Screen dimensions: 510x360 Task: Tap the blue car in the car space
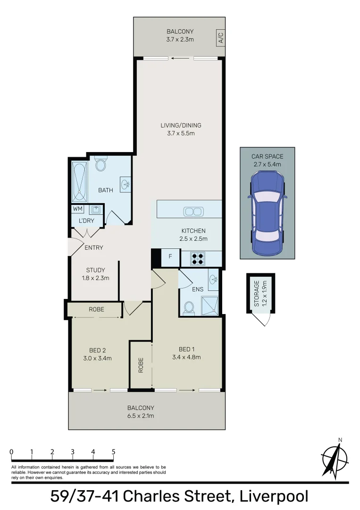point(267,212)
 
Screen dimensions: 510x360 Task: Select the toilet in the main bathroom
point(100,163)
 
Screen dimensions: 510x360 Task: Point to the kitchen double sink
point(193,212)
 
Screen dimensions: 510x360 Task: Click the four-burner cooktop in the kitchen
point(197,258)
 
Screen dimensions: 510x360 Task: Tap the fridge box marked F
point(170,257)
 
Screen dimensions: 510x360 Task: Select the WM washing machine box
point(77,209)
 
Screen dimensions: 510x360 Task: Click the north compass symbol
point(335,457)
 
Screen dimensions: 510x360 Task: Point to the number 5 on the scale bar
point(113,451)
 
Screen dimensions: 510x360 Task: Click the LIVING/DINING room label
point(181,126)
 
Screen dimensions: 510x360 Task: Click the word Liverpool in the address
point(274,497)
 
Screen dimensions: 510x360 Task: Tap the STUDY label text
point(95,271)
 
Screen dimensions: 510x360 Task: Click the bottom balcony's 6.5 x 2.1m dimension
point(141,416)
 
